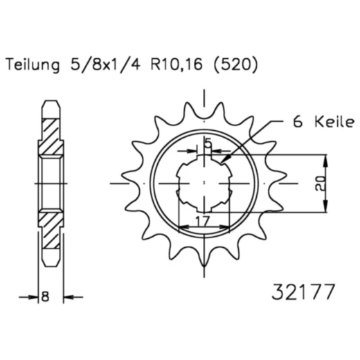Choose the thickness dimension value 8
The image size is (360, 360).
point(46,297)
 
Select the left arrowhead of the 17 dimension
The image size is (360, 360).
point(182,226)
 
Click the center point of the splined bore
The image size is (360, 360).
point(205,183)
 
